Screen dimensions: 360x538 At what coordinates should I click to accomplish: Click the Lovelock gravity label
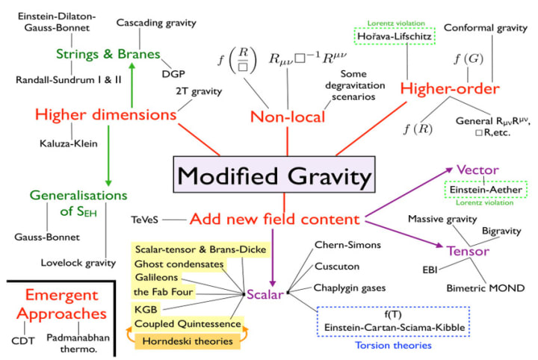click(x=79, y=263)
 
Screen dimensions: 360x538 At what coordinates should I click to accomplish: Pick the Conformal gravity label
click(x=480, y=28)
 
